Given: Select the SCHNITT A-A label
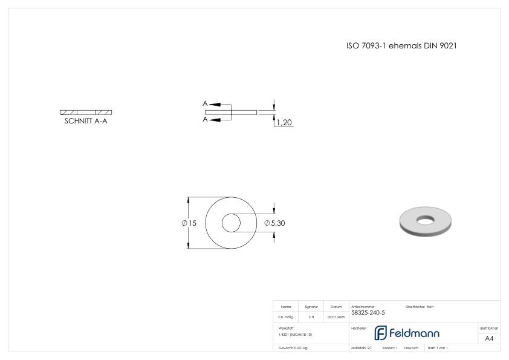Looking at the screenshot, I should tap(86, 120).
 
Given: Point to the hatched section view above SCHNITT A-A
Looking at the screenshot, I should tap(86, 112).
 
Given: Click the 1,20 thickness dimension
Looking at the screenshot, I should tap(284, 123).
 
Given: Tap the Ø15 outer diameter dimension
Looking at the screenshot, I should tap(189, 223).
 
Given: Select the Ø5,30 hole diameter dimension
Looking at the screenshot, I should tap(274, 223).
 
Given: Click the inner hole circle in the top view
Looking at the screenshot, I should tap(230, 223).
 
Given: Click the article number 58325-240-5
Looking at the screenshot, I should tap(368, 313).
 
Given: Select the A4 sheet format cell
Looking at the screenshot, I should tap(489, 338).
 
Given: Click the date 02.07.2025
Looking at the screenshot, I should tap(336, 316).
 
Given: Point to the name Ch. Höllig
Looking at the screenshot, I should tap(286, 316).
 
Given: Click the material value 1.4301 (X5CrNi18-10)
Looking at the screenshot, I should tap(295, 335).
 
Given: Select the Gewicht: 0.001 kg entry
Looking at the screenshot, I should tap(293, 348).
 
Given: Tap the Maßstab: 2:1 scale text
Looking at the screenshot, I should tap(361, 348).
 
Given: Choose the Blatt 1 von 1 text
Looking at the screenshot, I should tap(438, 348).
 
